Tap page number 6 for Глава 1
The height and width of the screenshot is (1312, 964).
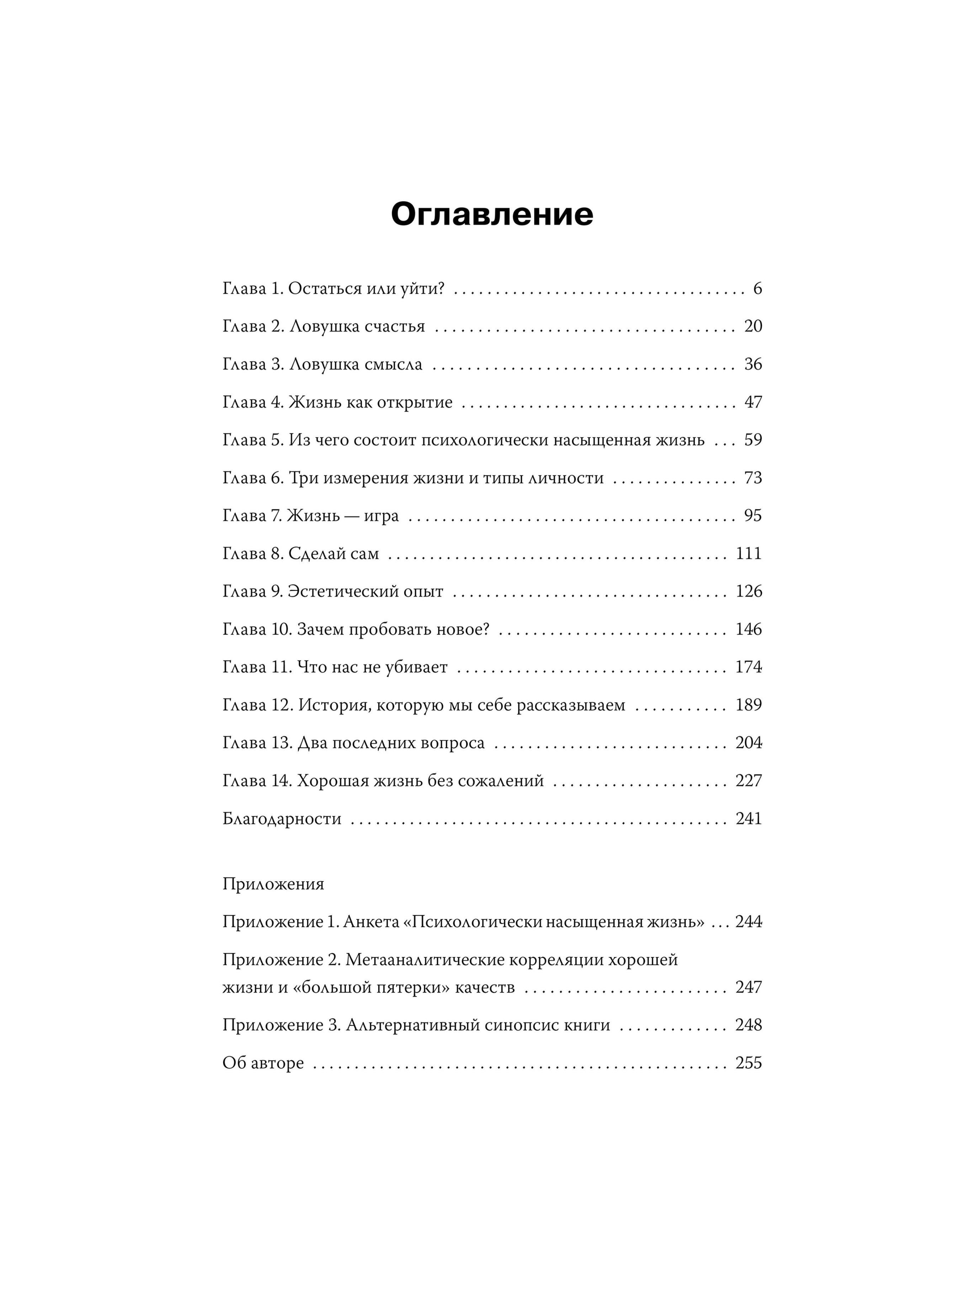[757, 289]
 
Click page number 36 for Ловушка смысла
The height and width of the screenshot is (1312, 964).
[753, 364]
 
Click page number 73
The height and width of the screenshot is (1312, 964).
[753, 478]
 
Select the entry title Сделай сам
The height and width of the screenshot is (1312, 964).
[333, 553]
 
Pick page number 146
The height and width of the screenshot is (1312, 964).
[749, 629]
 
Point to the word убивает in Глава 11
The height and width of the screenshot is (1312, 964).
[417, 667]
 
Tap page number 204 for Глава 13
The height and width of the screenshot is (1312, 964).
[749, 743]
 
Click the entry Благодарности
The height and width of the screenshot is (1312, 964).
[282, 819]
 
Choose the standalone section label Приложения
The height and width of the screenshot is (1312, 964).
[273, 884]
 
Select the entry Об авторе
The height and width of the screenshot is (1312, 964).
[263, 1063]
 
